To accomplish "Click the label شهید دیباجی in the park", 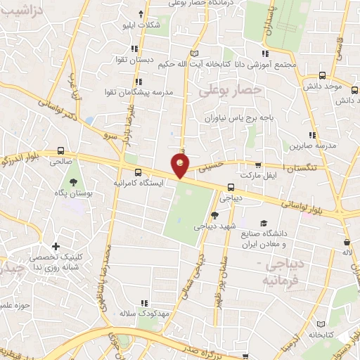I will coord(215,226).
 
